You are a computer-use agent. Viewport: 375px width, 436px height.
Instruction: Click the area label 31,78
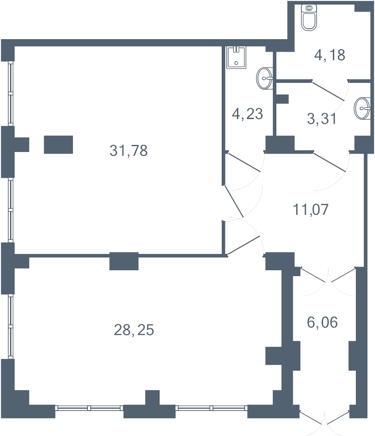(x=128, y=151)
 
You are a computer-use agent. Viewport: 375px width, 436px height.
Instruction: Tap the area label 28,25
(x=134, y=330)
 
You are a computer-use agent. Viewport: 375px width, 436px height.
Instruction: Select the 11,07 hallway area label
(x=310, y=209)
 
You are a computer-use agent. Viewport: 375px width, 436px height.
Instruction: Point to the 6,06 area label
(x=322, y=322)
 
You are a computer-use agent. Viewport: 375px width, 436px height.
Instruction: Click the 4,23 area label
(x=247, y=114)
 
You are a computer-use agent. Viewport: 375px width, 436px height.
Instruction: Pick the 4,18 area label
(x=330, y=55)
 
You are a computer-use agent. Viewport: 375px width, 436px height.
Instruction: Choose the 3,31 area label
(x=322, y=119)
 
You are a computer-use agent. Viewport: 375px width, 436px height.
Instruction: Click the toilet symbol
(x=309, y=17)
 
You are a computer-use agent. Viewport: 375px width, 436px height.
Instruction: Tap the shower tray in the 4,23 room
(x=237, y=57)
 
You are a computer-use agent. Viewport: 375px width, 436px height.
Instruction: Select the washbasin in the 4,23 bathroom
(x=264, y=78)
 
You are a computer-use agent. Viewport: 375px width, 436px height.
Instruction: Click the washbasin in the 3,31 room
(x=362, y=108)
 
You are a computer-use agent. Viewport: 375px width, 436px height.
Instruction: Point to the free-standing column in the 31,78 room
(x=58, y=145)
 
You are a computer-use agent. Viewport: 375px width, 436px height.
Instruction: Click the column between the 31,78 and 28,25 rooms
(x=124, y=261)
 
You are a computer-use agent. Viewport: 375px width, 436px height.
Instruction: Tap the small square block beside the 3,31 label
(x=282, y=99)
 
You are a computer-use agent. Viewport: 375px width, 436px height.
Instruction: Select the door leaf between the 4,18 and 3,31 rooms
(x=328, y=91)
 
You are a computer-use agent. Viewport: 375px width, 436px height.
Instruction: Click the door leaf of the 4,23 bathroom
(x=243, y=162)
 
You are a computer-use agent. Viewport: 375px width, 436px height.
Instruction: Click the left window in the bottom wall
(x=89, y=408)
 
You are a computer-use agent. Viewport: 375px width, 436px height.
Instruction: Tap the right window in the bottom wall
(x=211, y=408)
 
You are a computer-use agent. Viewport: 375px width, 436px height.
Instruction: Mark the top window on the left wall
(x=11, y=94)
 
